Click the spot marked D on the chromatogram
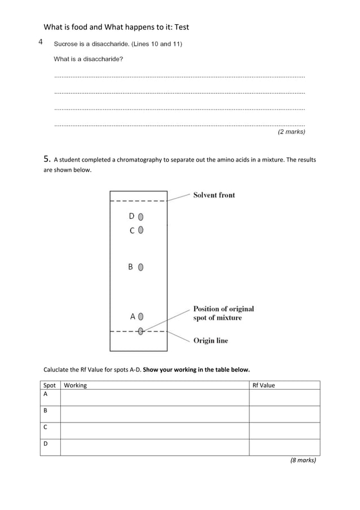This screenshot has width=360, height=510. click(x=141, y=216)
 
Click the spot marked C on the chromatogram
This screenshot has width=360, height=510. click(x=141, y=230)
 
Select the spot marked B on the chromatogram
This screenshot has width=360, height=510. click(x=141, y=267)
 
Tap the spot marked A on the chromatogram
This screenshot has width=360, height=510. click(x=141, y=316)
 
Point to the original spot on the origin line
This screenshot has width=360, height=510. click(x=141, y=332)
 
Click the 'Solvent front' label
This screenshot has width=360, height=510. click(x=214, y=195)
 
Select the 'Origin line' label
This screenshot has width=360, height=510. click(x=210, y=341)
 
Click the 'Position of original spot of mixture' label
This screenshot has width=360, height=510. click(x=223, y=313)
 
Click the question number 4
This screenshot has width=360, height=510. click(x=41, y=42)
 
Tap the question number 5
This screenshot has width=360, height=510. click(x=47, y=159)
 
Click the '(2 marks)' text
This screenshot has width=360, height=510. click(x=291, y=132)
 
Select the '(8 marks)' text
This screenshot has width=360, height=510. click(x=303, y=460)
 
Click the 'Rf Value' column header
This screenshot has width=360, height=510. click(x=264, y=385)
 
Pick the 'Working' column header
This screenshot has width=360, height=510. click(x=76, y=385)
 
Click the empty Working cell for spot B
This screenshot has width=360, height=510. click(x=155, y=414)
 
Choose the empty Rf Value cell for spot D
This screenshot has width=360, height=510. click(x=284, y=447)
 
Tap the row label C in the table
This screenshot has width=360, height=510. click(x=46, y=428)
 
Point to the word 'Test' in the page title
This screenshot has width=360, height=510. click(x=182, y=27)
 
